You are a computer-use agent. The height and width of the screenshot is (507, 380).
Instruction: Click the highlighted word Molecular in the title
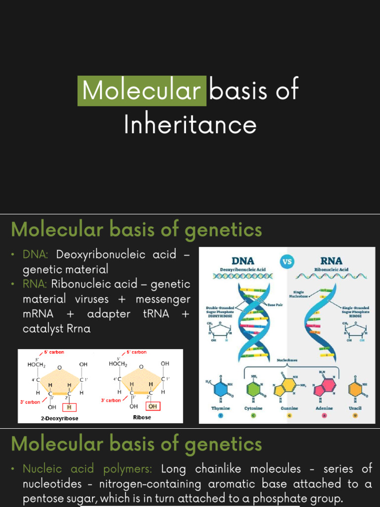click(142, 91)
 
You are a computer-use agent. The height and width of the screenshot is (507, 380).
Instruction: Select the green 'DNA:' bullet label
click(35, 254)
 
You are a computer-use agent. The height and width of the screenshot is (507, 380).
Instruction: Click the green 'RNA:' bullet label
click(35, 284)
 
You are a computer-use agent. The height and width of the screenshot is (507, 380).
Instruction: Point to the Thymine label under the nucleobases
click(221, 408)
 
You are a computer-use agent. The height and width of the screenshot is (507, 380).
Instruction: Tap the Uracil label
click(355, 408)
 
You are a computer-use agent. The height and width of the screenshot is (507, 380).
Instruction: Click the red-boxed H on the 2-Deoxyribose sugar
click(69, 407)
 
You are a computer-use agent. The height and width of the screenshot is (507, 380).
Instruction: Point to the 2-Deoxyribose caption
click(59, 418)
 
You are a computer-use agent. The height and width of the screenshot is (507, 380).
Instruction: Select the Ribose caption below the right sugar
click(142, 417)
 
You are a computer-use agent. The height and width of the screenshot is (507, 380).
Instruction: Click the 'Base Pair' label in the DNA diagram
click(276, 305)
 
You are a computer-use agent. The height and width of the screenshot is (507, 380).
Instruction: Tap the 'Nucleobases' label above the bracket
click(287, 360)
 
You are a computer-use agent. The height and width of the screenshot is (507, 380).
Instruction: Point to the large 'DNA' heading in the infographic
click(243, 261)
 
